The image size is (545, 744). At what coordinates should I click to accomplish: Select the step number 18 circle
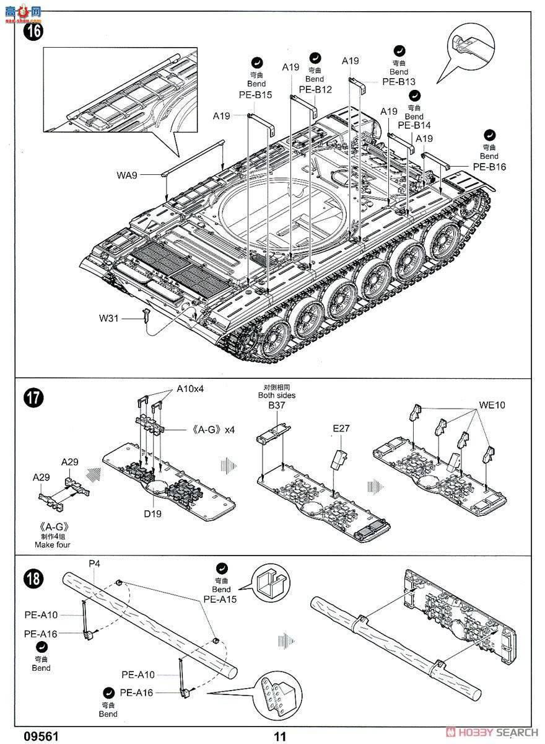pos(33,578)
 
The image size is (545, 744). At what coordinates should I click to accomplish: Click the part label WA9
pos(127,175)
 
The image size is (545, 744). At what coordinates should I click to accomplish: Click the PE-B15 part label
pos(255,95)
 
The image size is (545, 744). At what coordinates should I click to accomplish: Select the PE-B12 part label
pos(315,89)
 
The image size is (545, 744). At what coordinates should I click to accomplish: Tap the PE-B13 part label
pos(399,81)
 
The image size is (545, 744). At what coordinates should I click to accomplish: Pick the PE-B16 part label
pos(489,166)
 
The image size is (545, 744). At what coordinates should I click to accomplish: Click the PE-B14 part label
pos(414,125)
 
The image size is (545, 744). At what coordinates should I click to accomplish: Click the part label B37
pos(277,405)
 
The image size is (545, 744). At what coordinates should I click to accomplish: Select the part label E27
pos(341,428)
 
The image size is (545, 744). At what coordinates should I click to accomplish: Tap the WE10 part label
pos(492,405)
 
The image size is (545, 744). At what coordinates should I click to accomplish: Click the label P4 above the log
pos(94,564)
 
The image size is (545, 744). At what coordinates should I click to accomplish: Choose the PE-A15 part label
pos(220,599)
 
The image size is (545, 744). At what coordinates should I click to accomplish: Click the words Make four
pos(53,544)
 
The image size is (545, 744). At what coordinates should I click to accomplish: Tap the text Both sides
pos(277,395)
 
